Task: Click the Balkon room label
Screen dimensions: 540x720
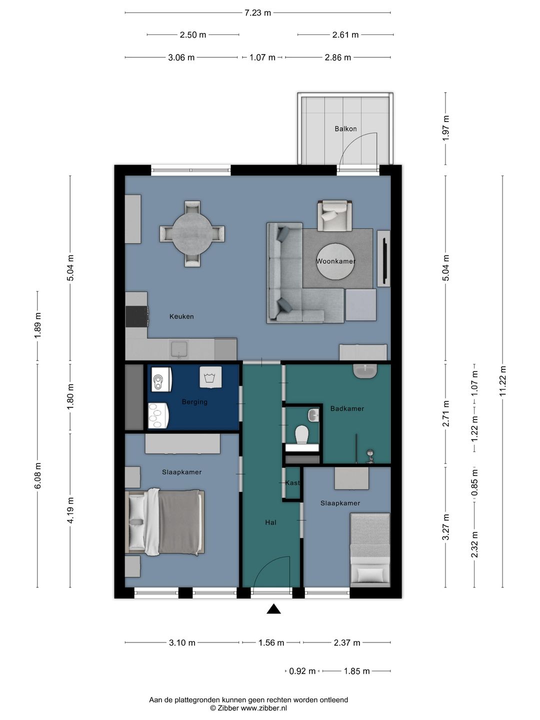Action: (345, 129)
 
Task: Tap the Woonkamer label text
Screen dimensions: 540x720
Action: (335, 261)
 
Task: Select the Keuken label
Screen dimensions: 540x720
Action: (181, 316)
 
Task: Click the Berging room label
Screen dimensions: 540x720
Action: (194, 402)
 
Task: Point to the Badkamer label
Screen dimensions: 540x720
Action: (347, 408)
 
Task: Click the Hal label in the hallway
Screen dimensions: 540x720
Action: (270, 522)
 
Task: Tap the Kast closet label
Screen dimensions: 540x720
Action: (292, 483)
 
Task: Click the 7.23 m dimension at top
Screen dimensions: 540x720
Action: (257, 13)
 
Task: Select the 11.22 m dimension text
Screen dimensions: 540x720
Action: (502, 381)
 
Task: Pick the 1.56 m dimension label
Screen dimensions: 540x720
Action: (271, 643)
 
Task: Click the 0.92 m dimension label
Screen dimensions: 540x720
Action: (302, 671)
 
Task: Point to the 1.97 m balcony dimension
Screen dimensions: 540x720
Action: (445, 128)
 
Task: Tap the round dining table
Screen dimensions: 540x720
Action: (192, 233)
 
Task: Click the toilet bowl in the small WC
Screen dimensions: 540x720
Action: (301, 434)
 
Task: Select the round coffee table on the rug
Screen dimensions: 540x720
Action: (335, 261)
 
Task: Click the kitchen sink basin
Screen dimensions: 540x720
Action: (178, 349)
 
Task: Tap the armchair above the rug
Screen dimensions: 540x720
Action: (335, 215)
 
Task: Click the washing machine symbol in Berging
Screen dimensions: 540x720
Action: (210, 377)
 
